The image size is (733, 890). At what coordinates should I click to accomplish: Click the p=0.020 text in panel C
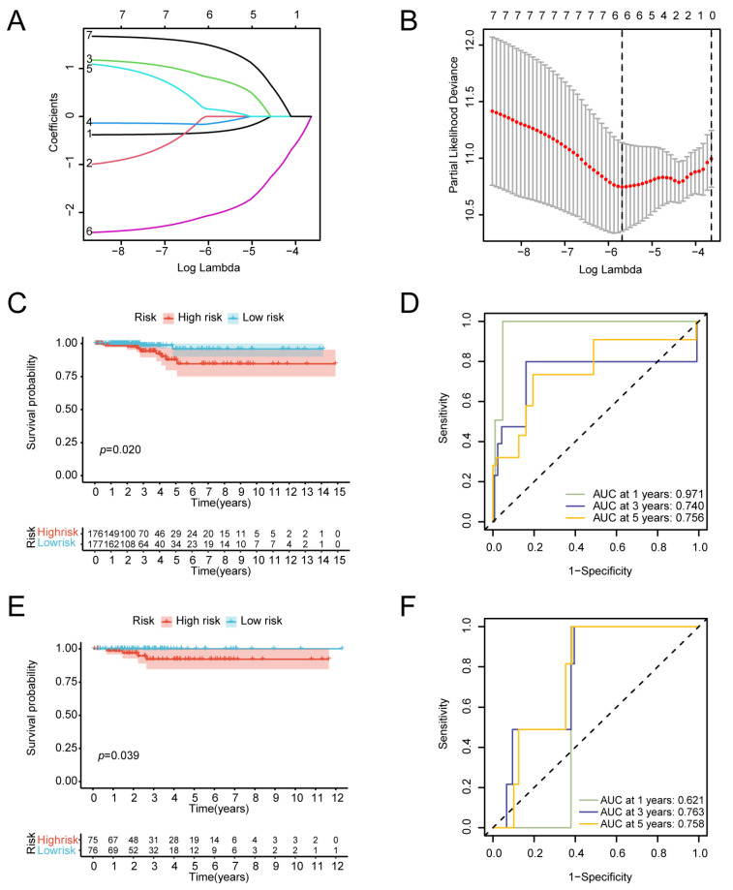114,450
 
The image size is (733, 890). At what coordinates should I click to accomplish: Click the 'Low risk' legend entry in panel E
261,620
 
